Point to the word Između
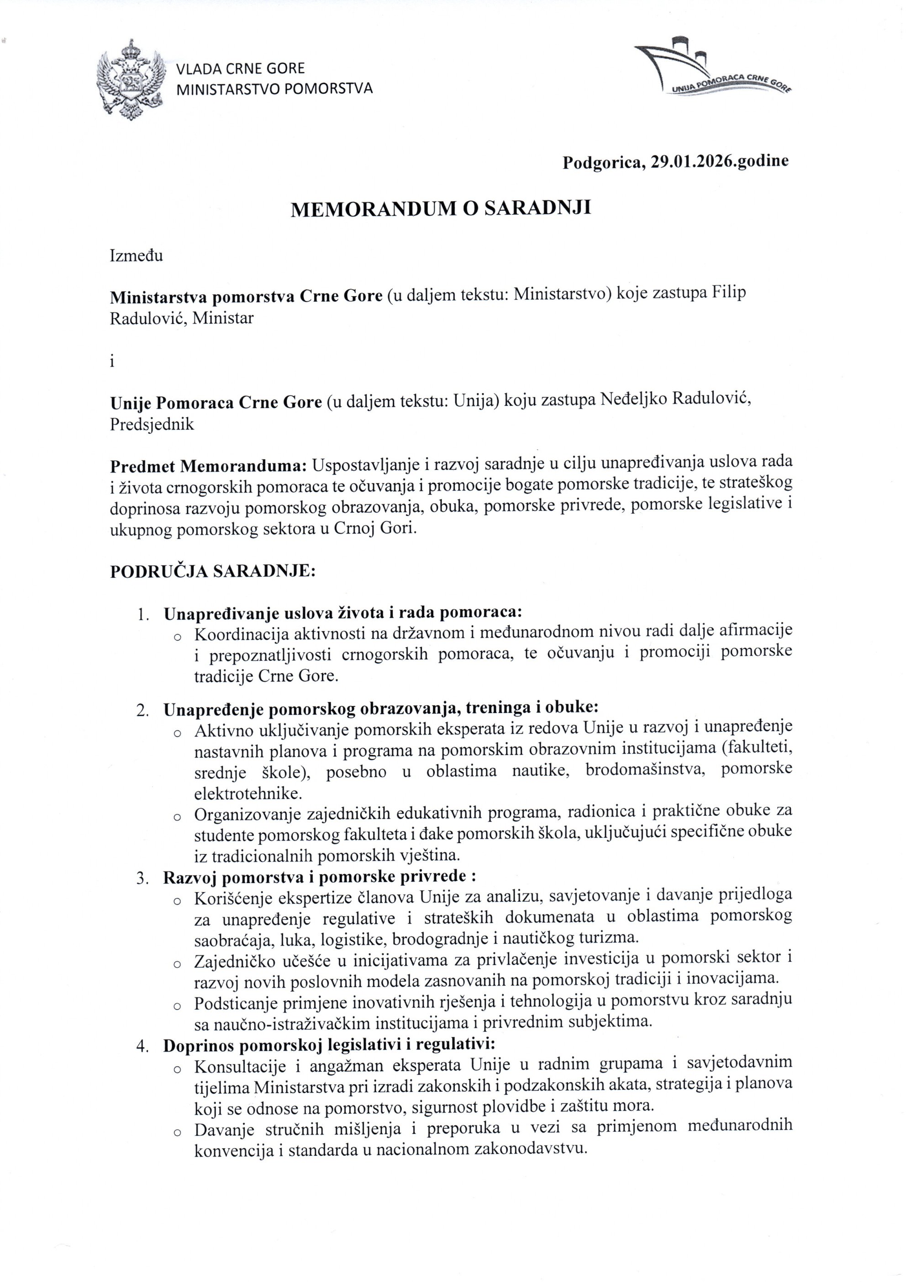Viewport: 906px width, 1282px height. click(x=136, y=256)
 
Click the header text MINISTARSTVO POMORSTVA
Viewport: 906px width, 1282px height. click(x=274, y=88)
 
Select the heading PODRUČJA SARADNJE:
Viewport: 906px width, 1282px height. click(x=213, y=572)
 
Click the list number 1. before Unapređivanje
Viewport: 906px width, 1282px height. click(x=142, y=614)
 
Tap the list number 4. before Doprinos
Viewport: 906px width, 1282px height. click(x=142, y=1045)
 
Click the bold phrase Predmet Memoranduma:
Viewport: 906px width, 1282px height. click(x=209, y=465)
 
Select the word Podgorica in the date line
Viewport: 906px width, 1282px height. click(x=602, y=162)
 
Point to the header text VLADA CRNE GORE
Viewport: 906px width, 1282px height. click(x=241, y=69)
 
